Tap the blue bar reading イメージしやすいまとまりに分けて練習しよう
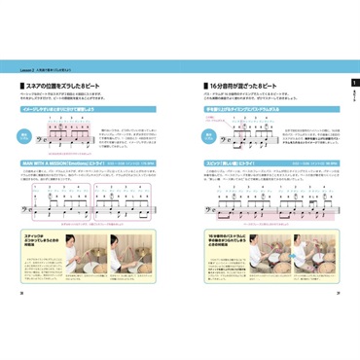69,111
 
